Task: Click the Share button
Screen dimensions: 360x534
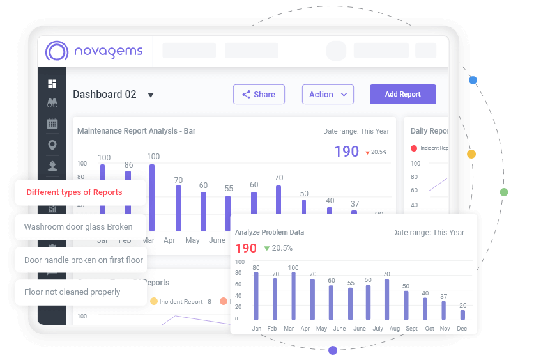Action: [x=259, y=94]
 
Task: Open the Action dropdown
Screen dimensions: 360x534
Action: [x=328, y=94]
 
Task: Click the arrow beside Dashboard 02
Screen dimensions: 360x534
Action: [x=151, y=95]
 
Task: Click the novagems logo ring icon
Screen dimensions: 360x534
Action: [x=57, y=52]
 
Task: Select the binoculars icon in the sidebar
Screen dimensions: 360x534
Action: [x=52, y=103]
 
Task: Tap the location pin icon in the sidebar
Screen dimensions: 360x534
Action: [x=52, y=145]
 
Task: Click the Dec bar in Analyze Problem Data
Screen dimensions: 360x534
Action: [x=462, y=315]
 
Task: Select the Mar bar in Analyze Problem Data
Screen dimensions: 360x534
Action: [x=293, y=296]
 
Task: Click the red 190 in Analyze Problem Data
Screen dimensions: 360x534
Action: [x=246, y=248]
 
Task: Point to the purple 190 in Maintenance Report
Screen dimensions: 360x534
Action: [x=347, y=152]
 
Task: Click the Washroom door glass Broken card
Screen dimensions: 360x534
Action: [x=79, y=226]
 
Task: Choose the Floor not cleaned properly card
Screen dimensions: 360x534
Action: [x=72, y=292]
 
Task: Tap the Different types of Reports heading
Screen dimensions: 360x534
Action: [x=74, y=192]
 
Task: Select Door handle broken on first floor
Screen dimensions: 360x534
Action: [x=84, y=260]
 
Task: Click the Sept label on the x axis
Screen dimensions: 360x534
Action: [x=411, y=328]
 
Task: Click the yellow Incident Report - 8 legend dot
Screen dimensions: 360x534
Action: [x=153, y=301]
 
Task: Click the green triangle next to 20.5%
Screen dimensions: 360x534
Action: [x=267, y=248]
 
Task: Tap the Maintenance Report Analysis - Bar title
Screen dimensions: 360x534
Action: [x=136, y=131]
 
